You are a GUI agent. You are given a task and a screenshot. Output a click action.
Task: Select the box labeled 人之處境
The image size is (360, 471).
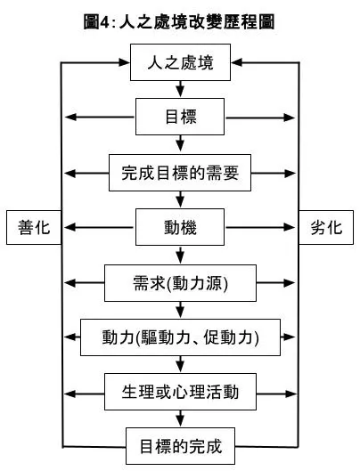tap(181, 63)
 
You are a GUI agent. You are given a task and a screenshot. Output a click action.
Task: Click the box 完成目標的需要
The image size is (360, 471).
tap(181, 172)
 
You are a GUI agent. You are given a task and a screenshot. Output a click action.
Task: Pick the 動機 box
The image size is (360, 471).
tap(181, 226)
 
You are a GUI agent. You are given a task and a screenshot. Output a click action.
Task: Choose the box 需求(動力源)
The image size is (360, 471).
tap(181, 282)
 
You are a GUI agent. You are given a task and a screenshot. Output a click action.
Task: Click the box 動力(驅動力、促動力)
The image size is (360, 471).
tap(181, 337)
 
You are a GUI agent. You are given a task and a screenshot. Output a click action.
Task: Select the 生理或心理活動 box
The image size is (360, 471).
tap(181, 391)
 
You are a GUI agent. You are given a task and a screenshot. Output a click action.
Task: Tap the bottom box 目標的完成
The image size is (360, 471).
tap(181, 444)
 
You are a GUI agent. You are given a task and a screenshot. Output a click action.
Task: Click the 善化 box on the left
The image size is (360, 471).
tap(32, 227)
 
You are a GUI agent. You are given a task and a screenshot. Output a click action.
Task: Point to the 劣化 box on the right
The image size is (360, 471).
tap(327, 227)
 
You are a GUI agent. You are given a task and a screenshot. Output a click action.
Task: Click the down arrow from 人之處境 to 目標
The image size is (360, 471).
tap(181, 89)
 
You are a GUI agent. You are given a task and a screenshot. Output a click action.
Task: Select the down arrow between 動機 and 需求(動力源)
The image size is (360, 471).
tap(181, 254)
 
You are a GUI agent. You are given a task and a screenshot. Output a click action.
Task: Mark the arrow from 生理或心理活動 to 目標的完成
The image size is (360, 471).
tap(181, 418)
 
